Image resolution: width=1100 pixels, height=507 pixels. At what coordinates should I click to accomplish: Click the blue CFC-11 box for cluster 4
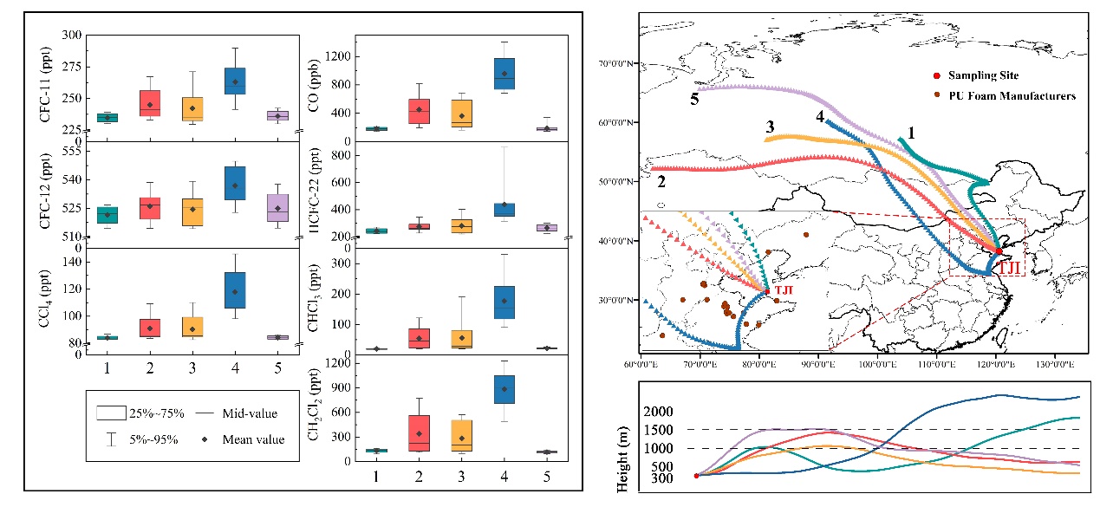(x=234, y=81)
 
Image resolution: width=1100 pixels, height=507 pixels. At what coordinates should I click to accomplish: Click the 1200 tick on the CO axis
(x=337, y=56)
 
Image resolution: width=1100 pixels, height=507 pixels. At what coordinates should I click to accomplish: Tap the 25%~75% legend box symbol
(x=110, y=413)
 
